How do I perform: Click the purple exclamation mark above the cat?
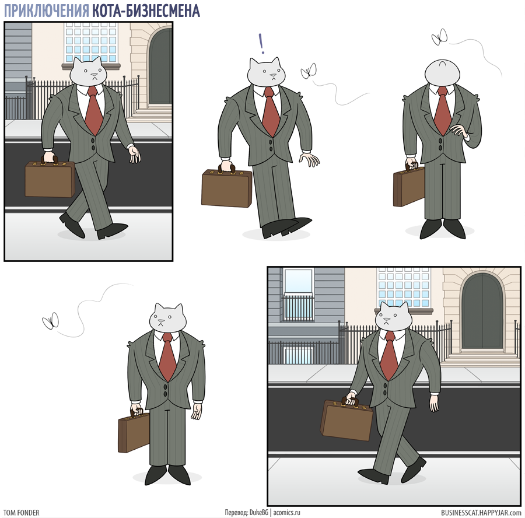[x=261, y=44]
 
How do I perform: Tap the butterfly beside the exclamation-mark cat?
[x=309, y=71]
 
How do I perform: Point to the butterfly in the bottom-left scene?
[x=51, y=321]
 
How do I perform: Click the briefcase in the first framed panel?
[x=50, y=179]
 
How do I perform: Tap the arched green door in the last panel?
[x=482, y=311]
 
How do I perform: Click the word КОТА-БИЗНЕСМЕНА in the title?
[x=146, y=10]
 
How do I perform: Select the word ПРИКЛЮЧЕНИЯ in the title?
[x=47, y=10]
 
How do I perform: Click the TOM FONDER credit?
[x=22, y=513]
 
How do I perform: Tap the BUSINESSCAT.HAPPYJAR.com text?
[x=481, y=513]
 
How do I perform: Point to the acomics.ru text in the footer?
[x=286, y=513]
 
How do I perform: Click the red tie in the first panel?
[x=94, y=110]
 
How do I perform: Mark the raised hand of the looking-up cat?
[x=459, y=130]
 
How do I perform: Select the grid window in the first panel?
[x=91, y=42]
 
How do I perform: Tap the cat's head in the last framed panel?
[x=393, y=316]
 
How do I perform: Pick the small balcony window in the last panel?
[x=298, y=295]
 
